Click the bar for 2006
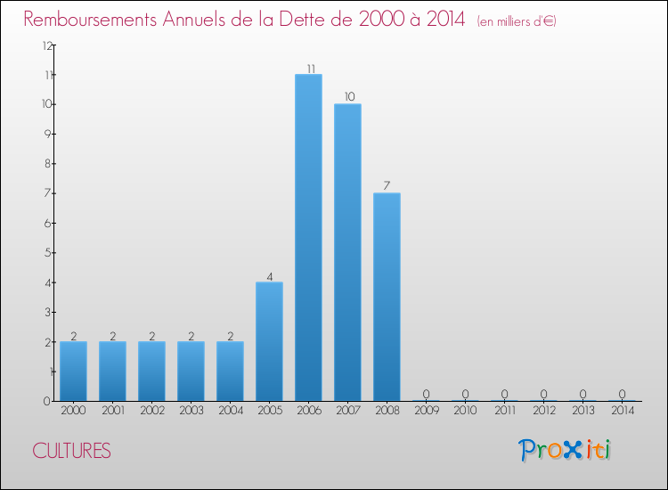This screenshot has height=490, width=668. [308, 238]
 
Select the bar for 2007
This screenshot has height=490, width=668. [347, 252]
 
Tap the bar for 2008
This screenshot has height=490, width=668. [387, 297]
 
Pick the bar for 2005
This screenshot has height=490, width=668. [269, 341]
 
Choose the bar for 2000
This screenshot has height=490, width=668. [73, 371]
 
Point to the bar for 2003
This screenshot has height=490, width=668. [191, 371]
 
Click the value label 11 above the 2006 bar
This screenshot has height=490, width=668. [308, 68]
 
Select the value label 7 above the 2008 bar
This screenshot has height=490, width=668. [387, 186]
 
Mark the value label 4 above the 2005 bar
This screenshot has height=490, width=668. [269, 275]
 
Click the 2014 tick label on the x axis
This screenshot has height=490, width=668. [622, 412]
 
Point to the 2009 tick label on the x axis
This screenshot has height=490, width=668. [426, 412]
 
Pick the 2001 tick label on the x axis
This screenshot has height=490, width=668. [112, 412]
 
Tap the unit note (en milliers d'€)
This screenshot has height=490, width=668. [516, 20]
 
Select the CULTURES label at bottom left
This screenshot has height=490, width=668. [71, 451]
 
